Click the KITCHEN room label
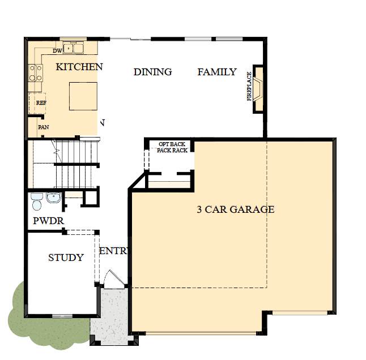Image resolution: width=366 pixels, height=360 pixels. tap(79, 67)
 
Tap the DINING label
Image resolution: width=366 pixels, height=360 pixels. tap(152, 72)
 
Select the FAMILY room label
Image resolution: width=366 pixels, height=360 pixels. tap(217, 72)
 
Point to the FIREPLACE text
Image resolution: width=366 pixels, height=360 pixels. tap(249, 86)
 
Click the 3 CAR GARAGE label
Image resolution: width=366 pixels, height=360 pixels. tap(236, 209)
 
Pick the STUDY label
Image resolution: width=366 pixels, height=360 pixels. tap(66, 258)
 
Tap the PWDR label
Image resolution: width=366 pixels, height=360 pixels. tap(49, 221)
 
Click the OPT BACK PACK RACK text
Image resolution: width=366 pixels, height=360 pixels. tap(172, 147)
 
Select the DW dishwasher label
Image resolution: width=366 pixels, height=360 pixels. tap(57, 51)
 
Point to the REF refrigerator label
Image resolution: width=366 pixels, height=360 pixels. tap(41, 102)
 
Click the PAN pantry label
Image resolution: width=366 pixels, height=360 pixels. tap(44, 127)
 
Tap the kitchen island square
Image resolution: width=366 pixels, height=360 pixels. tap(83, 96)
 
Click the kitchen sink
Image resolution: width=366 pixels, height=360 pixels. tap(73, 48)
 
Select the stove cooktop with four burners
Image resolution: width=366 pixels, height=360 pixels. tap(36, 73)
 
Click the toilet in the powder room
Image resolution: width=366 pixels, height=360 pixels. tap(37, 202)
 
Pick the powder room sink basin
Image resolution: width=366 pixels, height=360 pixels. tap(53, 198)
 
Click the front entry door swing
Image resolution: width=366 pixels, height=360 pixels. tap(114, 279)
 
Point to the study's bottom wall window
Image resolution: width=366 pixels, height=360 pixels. tap(62, 316)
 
